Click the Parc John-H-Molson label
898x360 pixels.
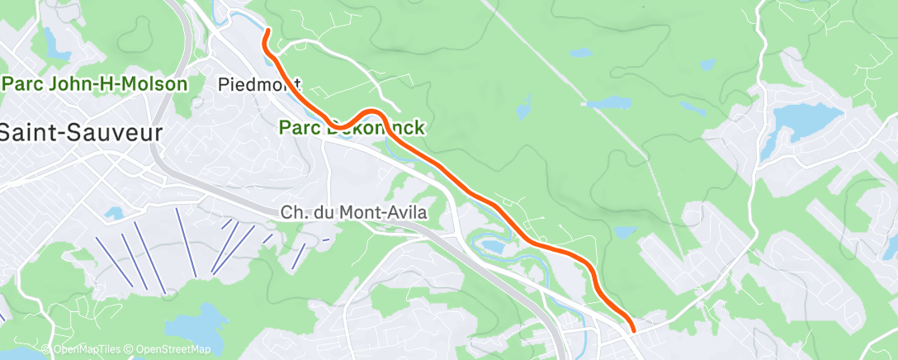pyautogui.click(x=96, y=84)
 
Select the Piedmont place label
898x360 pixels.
pyautogui.click(x=258, y=84)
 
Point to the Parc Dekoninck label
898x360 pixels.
pyautogui.click(x=352, y=128)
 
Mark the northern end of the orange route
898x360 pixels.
pyautogui.click(x=267, y=31)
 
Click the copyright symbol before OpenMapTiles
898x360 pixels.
pyautogui.click(x=46, y=350)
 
